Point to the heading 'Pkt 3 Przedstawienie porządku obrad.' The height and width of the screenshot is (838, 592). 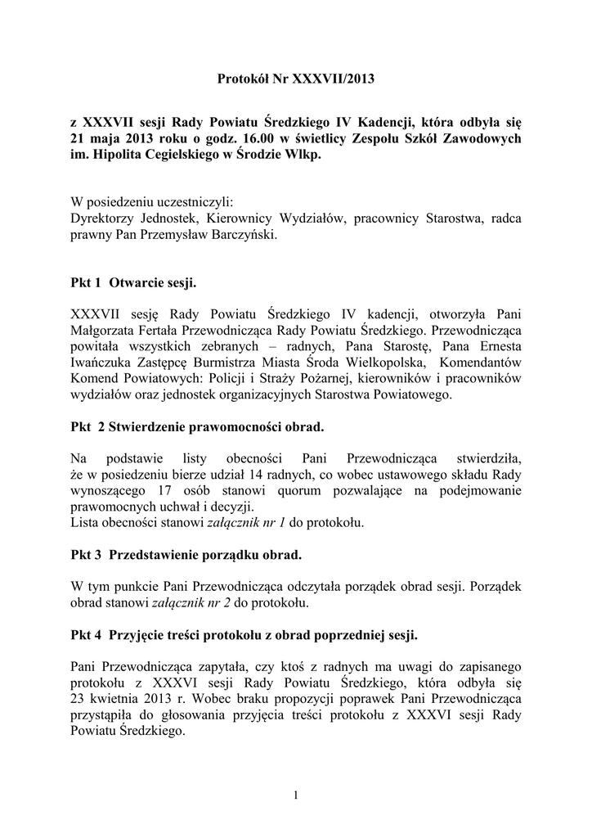point(186,554)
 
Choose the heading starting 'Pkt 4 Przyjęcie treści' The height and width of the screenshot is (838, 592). point(244,634)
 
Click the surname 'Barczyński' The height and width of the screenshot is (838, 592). point(244,235)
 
